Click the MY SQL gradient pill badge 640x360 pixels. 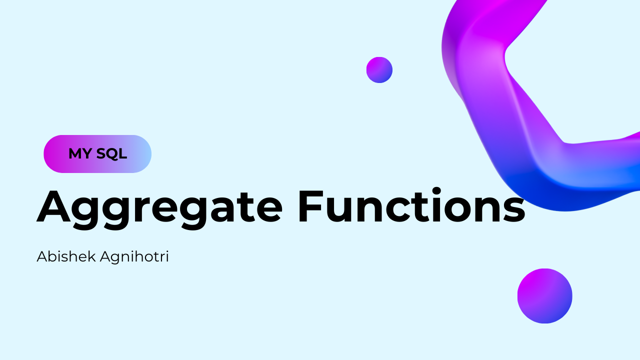coord(97,154)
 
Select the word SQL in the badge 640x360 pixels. coord(111,154)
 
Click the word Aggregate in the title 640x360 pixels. coord(159,209)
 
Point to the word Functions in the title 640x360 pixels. coord(411,205)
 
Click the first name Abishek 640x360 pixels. coord(66,256)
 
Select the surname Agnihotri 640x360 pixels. coord(134,257)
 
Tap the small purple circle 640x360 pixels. coord(379,70)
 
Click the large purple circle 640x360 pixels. coord(545,296)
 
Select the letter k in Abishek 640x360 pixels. coord(91,256)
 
